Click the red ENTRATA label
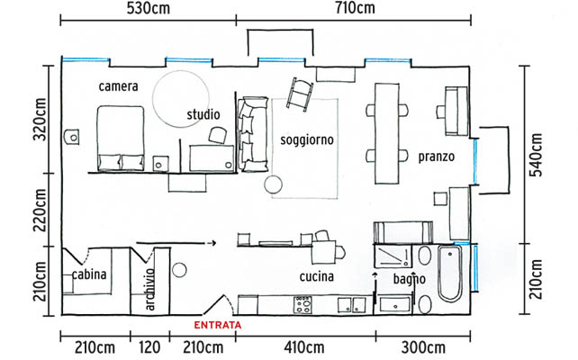click(218, 325)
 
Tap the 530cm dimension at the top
click(149, 8)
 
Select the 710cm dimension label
click(355, 8)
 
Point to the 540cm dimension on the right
click(536, 155)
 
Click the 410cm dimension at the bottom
click(304, 347)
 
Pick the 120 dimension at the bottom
click(149, 347)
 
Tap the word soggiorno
click(307, 140)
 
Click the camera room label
click(118, 86)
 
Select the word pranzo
click(436, 157)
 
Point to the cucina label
click(317, 276)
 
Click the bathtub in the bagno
click(450, 273)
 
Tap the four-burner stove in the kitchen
click(303, 305)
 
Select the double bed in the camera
click(121, 139)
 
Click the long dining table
click(387, 133)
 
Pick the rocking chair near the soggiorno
click(300, 94)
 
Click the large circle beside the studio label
click(181, 99)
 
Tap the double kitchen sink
click(352, 305)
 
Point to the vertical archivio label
click(149, 289)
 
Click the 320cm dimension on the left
click(40, 120)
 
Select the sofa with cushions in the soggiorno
click(252, 134)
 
